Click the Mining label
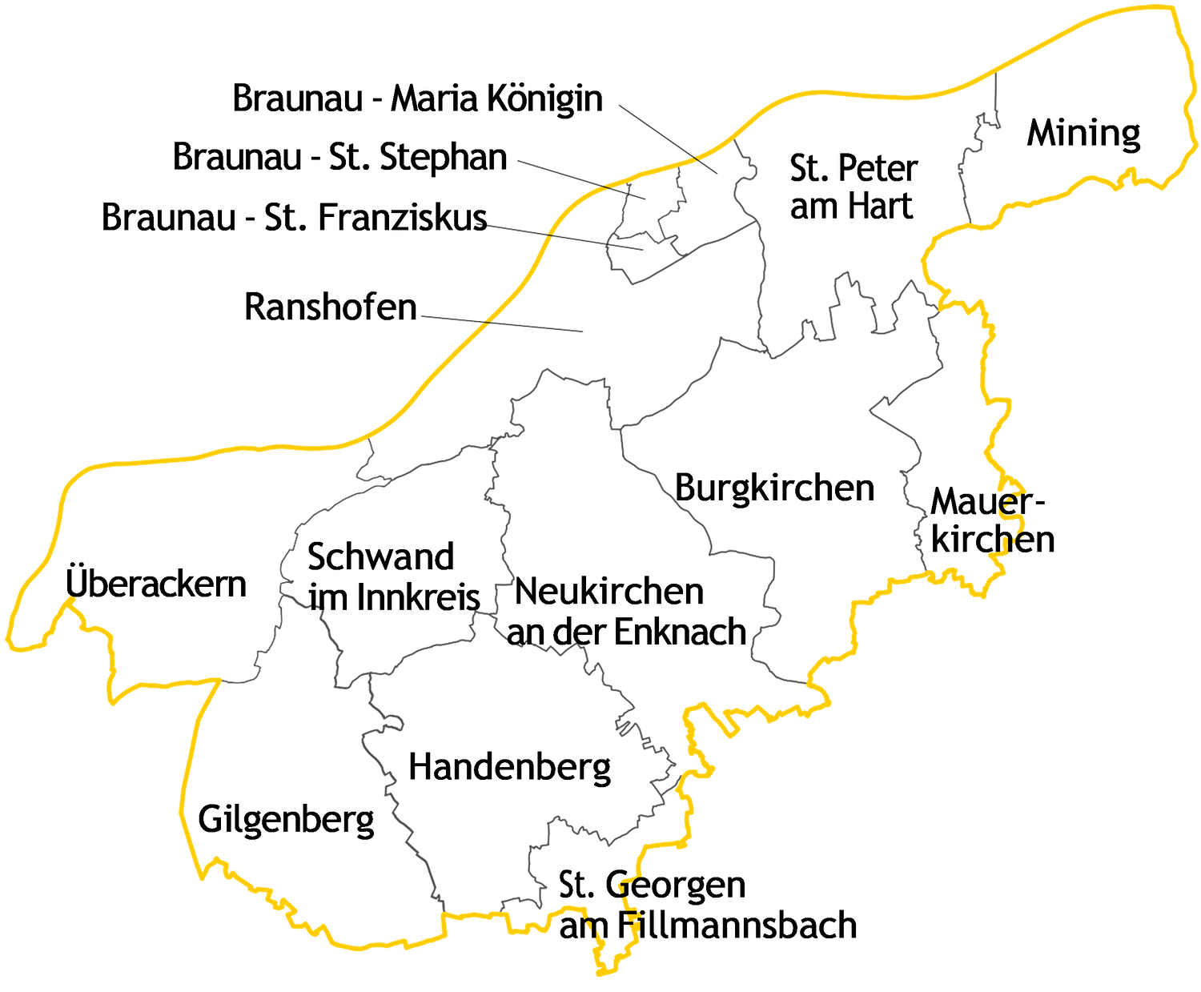(1083, 134)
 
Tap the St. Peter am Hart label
(853, 187)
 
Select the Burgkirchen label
(774, 488)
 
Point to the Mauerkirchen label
(991, 520)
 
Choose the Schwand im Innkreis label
(392, 576)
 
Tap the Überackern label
(156, 584)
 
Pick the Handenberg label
(509, 767)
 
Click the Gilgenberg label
(286, 820)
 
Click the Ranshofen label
(330, 307)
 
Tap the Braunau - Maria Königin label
(417, 98)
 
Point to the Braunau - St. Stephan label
(339, 157)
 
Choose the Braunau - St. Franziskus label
(294, 218)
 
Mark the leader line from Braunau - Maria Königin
(669, 139)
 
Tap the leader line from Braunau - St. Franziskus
(564, 238)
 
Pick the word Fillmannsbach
(737, 926)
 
